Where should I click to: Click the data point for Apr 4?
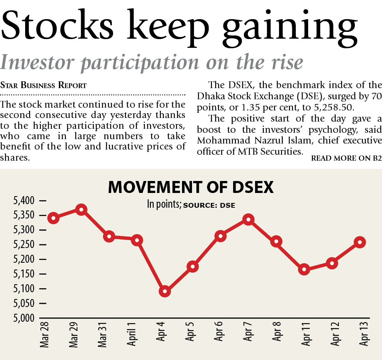tap(165, 291)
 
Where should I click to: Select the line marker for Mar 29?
tap(81, 210)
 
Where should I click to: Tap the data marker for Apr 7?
tap(248, 220)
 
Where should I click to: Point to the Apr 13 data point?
tap(360, 242)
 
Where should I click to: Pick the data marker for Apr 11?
tap(304, 270)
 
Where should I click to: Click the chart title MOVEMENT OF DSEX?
tap(191, 187)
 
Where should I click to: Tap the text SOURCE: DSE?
tap(209, 206)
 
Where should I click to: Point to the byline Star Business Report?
tap(44, 85)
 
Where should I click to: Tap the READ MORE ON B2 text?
tap(346, 158)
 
